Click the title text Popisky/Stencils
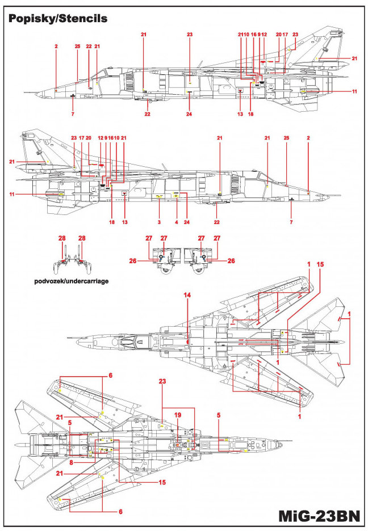pos(57,19)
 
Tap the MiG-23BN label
pos(319,516)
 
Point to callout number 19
pos(178,415)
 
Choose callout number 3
pos(160,222)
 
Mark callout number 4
pos(177,222)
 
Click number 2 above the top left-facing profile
pos(56,45)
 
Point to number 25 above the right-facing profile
pos(286,138)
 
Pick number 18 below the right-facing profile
pos(112,222)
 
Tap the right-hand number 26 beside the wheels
pos(231,262)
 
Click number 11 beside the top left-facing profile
pos(354,91)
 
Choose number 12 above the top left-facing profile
pos(264,35)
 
